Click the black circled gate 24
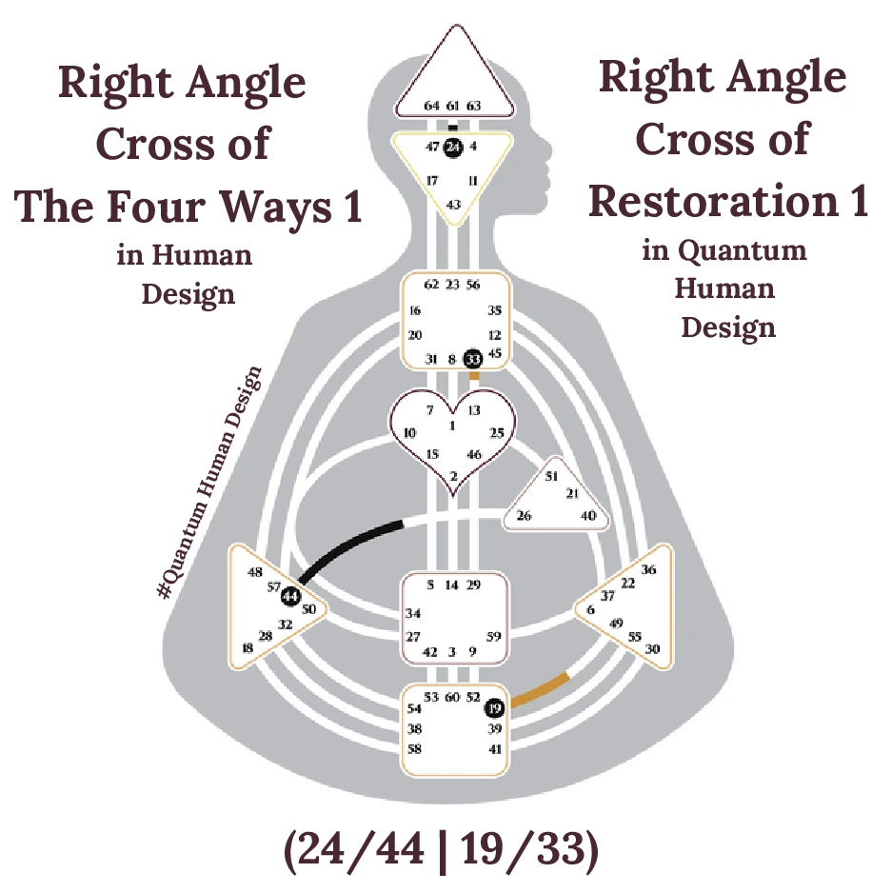point(453,147)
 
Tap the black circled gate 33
point(473,359)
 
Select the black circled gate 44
point(290,597)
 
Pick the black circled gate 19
point(493,707)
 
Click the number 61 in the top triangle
point(453,106)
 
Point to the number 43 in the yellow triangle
point(453,204)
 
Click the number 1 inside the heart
point(452,426)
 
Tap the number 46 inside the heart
point(474,454)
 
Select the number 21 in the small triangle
point(572,493)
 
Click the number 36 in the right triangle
point(649,569)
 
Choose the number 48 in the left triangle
point(254,572)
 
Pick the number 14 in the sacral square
point(452,585)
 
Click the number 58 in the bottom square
point(415,749)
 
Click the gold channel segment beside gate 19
point(541,690)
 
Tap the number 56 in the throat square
point(473,284)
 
